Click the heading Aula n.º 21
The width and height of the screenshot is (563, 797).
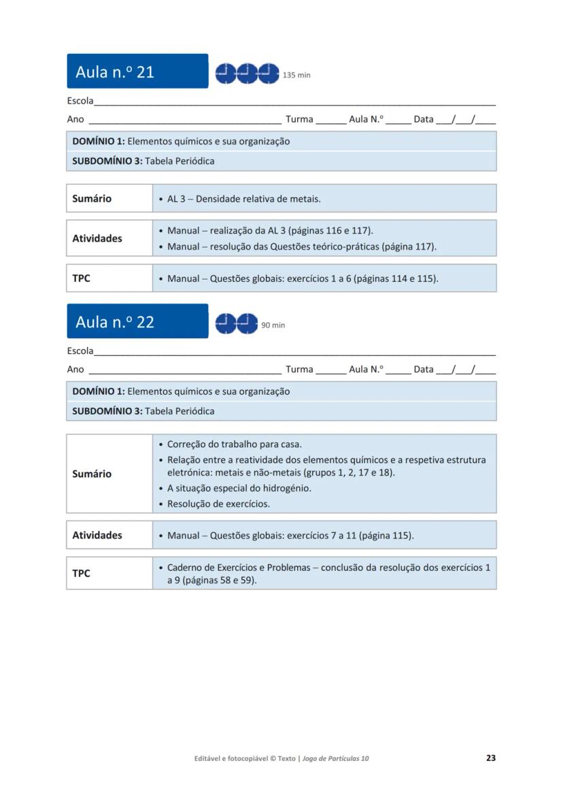pyautogui.click(x=115, y=72)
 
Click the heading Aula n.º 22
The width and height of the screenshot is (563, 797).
pyautogui.click(x=115, y=322)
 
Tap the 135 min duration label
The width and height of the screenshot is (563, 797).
pyautogui.click(x=296, y=76)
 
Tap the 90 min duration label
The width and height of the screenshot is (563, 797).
pyautogui.click(x=273, y=325)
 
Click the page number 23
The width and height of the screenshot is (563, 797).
pyautogui.click(x=491, y=758)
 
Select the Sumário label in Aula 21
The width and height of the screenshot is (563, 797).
pyautogui.click(x=92, y=199)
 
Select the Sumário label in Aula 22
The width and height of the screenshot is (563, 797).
pyautogui.click(x=92, y=474)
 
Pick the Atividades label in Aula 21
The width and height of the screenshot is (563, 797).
pyautogui.click(x=97, y=238)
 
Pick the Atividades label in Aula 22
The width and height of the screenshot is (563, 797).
pyautogui.click(x=97, y=535)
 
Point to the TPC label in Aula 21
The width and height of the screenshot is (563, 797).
pyautogui.click(x=81, y=278)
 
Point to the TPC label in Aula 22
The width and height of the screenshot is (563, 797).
pyautogui.click(x=81, y=573)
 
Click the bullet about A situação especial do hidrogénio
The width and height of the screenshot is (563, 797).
pyautogui.click(x=239, y=488)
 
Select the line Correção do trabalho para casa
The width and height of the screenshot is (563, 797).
pyautogui.click(x=235, y=444)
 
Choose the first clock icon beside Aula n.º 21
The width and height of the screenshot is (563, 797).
pyautogui.click(x=226, y=73)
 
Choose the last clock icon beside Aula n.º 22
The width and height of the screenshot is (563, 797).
pyautogui.click(x=248, y=323)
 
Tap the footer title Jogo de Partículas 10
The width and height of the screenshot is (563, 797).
pyautogui.click(x=335, y=758)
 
